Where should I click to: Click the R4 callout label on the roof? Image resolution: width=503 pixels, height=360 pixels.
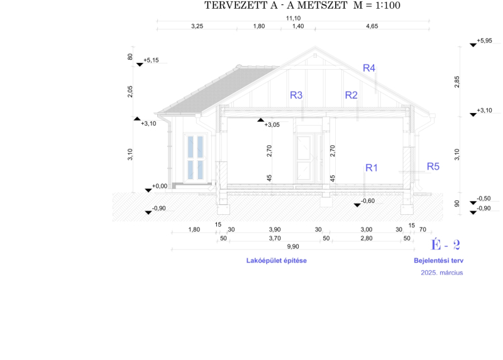click(369, 68)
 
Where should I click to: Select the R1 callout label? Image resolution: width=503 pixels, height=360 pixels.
click(372, 168)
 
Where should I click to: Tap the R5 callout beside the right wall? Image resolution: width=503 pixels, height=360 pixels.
click(433, 166)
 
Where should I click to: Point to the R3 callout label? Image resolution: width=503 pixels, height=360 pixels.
click(296, 95)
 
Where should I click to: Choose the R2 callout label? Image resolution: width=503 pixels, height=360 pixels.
click(351, 95)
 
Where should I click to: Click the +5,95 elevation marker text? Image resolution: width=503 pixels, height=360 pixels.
click(484, 41)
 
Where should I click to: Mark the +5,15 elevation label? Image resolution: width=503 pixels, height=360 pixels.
click(151, 60)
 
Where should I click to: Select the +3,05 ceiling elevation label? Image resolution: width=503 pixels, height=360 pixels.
click(272, 124)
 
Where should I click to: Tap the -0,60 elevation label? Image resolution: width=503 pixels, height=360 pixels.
click(368, 201)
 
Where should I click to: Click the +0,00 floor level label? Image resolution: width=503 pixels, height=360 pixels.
click(160, 186)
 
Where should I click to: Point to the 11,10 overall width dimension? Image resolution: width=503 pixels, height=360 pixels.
click(293, 18)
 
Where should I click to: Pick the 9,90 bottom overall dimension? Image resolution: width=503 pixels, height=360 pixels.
click(293, 246)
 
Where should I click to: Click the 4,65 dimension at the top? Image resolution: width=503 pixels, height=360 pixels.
click(372, 26)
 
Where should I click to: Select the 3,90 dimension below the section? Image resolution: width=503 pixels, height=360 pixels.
click(275, 229)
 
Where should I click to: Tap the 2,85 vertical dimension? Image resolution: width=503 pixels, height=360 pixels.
click(457, 82)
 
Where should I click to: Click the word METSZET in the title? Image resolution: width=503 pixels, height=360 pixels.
click(323, 6)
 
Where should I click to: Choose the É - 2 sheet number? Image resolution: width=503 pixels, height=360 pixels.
click(445, 245)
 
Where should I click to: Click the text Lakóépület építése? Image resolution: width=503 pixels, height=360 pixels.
click(277, 261)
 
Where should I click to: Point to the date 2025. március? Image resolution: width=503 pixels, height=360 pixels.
click(442, 273)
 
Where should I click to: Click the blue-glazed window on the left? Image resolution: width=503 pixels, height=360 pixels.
click(196, 158)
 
